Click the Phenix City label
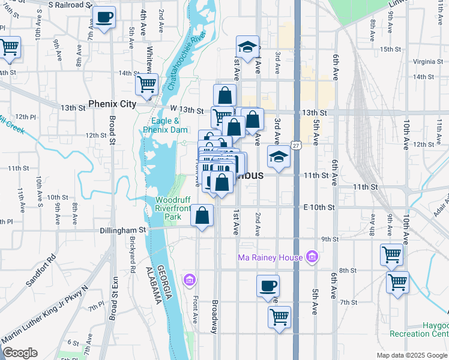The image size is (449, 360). (112, 104)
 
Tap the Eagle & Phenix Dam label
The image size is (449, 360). (160, 125)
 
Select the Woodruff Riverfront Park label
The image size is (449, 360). (172, 208)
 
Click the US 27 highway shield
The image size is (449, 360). (297, 146)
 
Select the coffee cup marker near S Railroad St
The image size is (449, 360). (104, 17)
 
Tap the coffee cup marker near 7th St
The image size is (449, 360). (268, 286)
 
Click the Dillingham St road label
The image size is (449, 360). (126, 229)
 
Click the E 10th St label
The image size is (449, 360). (319, 207)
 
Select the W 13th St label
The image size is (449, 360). (187, 109)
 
